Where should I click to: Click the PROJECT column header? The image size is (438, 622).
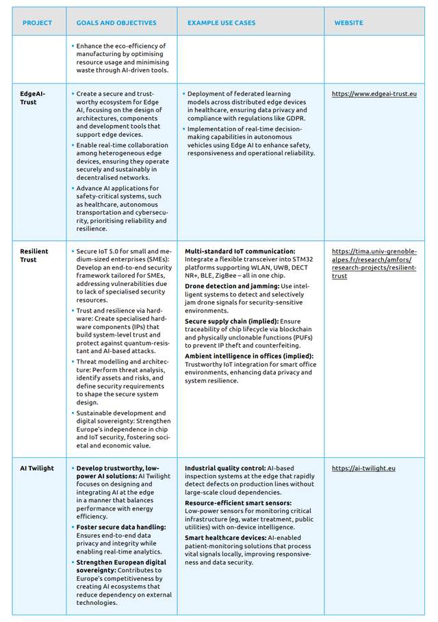[x=37, y=23]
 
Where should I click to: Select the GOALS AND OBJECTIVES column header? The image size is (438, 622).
[x=116, y=23]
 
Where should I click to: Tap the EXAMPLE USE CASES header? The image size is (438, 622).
[x=221, y=23]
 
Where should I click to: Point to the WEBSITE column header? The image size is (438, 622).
[x=348, y=23]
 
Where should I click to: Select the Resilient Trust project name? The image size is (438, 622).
[x=35, y=255]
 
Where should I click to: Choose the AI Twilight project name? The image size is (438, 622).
[x=38, y=468]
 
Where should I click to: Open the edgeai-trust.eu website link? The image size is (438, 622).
[x=374, y=93]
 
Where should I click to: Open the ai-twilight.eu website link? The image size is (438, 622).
[x=363, y=468]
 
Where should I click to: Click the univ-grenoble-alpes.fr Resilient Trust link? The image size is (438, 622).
[x=374, y=263]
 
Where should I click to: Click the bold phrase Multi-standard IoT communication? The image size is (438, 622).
[x=240, y=251]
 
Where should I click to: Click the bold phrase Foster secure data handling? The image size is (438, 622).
[x=121, y=527]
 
